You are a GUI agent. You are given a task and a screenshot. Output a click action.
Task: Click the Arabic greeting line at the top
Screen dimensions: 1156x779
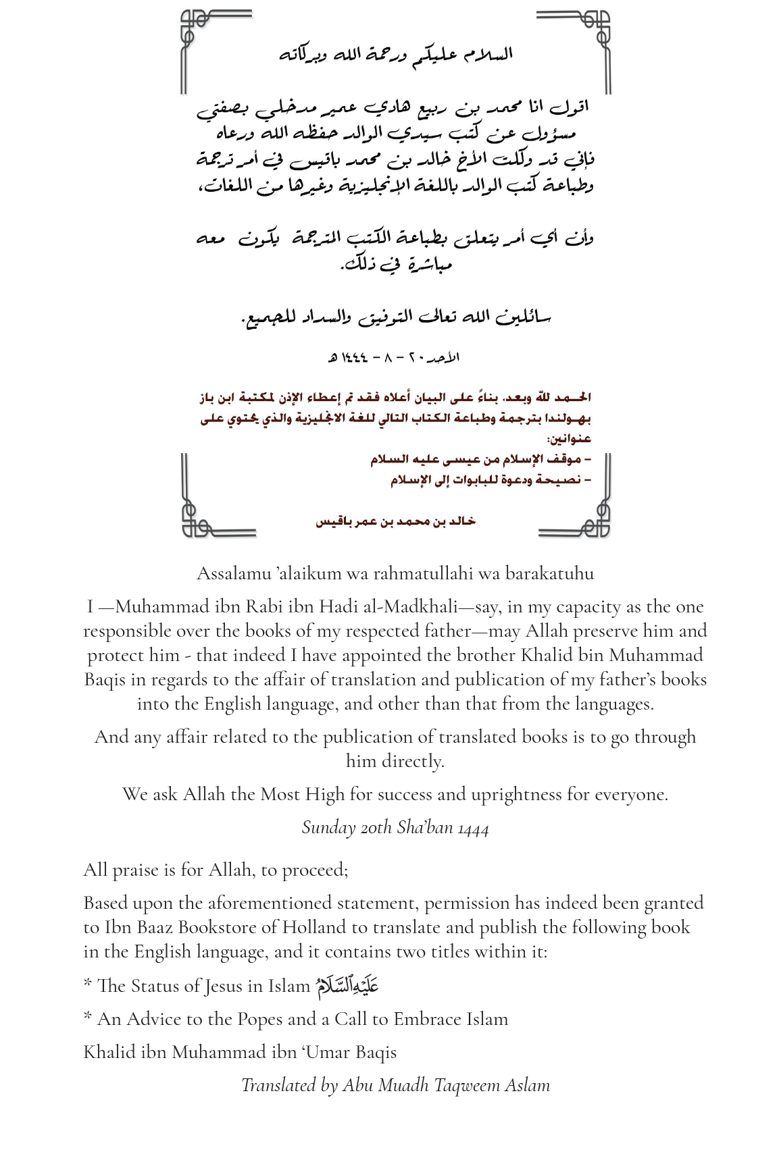click(x=396, y=55)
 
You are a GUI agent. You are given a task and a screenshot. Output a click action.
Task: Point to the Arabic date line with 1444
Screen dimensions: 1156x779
click(x=393, y=357)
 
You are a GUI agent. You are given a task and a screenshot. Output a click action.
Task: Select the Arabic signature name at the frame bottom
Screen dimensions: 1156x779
click(x=395, y=521)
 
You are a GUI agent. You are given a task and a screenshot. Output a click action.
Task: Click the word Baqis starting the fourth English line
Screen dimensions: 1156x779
click(x=105, y=680)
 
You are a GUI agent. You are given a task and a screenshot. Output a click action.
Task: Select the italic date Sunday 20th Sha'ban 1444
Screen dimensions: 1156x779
click(x=395, y=828)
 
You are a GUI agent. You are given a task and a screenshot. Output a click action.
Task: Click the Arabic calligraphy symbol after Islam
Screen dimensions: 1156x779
click(x=346, y=985)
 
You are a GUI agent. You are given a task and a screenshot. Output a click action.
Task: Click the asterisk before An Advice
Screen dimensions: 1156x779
click(x=88, y=1017)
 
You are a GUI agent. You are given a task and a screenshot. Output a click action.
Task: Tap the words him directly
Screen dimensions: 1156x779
click(x=395, y=762)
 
